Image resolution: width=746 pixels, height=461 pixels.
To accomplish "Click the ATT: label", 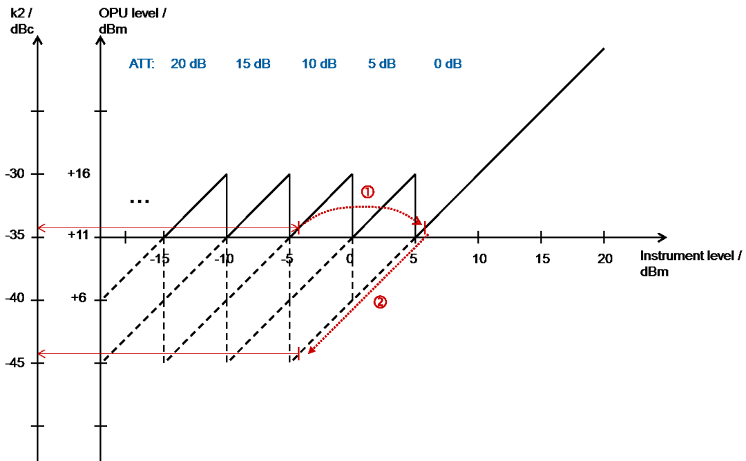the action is pyautogui.click(x=142, y=64).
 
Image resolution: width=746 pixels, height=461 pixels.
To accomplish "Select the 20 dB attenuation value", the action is pyautogui.click(x=188, y=64).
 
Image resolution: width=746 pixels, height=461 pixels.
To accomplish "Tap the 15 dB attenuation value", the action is pyautogui.click(x=253, y=64).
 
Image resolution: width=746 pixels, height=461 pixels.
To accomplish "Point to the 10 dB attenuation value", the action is pyautogui.click(x=318, y=64).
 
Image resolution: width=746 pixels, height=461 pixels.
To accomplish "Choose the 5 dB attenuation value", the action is pyautogui.click(x=381, y=64).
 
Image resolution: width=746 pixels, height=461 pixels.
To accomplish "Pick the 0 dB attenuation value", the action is pyautogui.click(x=448, y=64).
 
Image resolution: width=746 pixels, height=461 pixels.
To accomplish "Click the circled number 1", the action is pyautogui.click(x=367, y=192).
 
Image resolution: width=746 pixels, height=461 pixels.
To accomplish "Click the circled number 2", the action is pyautogui.click(x=380, y=302).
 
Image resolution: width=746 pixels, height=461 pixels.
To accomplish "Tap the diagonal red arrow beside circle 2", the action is pyautogui.click(x=366, y=294).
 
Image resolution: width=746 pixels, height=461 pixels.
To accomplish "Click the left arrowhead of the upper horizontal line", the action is pyautogui.click(x=41, y=228).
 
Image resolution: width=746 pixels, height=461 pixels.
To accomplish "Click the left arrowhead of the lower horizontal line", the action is pyautogui.click(x=41, y=354).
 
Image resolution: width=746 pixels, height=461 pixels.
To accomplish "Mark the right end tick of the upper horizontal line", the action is pyautogui.click(x=298, y=228).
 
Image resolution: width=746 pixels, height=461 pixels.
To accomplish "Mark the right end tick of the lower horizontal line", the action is pyautogui.click(x=298, y=354).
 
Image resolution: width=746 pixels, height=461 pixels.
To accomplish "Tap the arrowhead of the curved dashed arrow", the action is pyautogui.click(x=419, y=222).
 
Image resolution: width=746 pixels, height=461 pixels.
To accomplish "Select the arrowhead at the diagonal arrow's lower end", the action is pyautogui.click(x=311, y=350).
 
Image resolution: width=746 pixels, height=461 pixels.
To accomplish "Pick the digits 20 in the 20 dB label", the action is pyautogui.click(x=178, y=64).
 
